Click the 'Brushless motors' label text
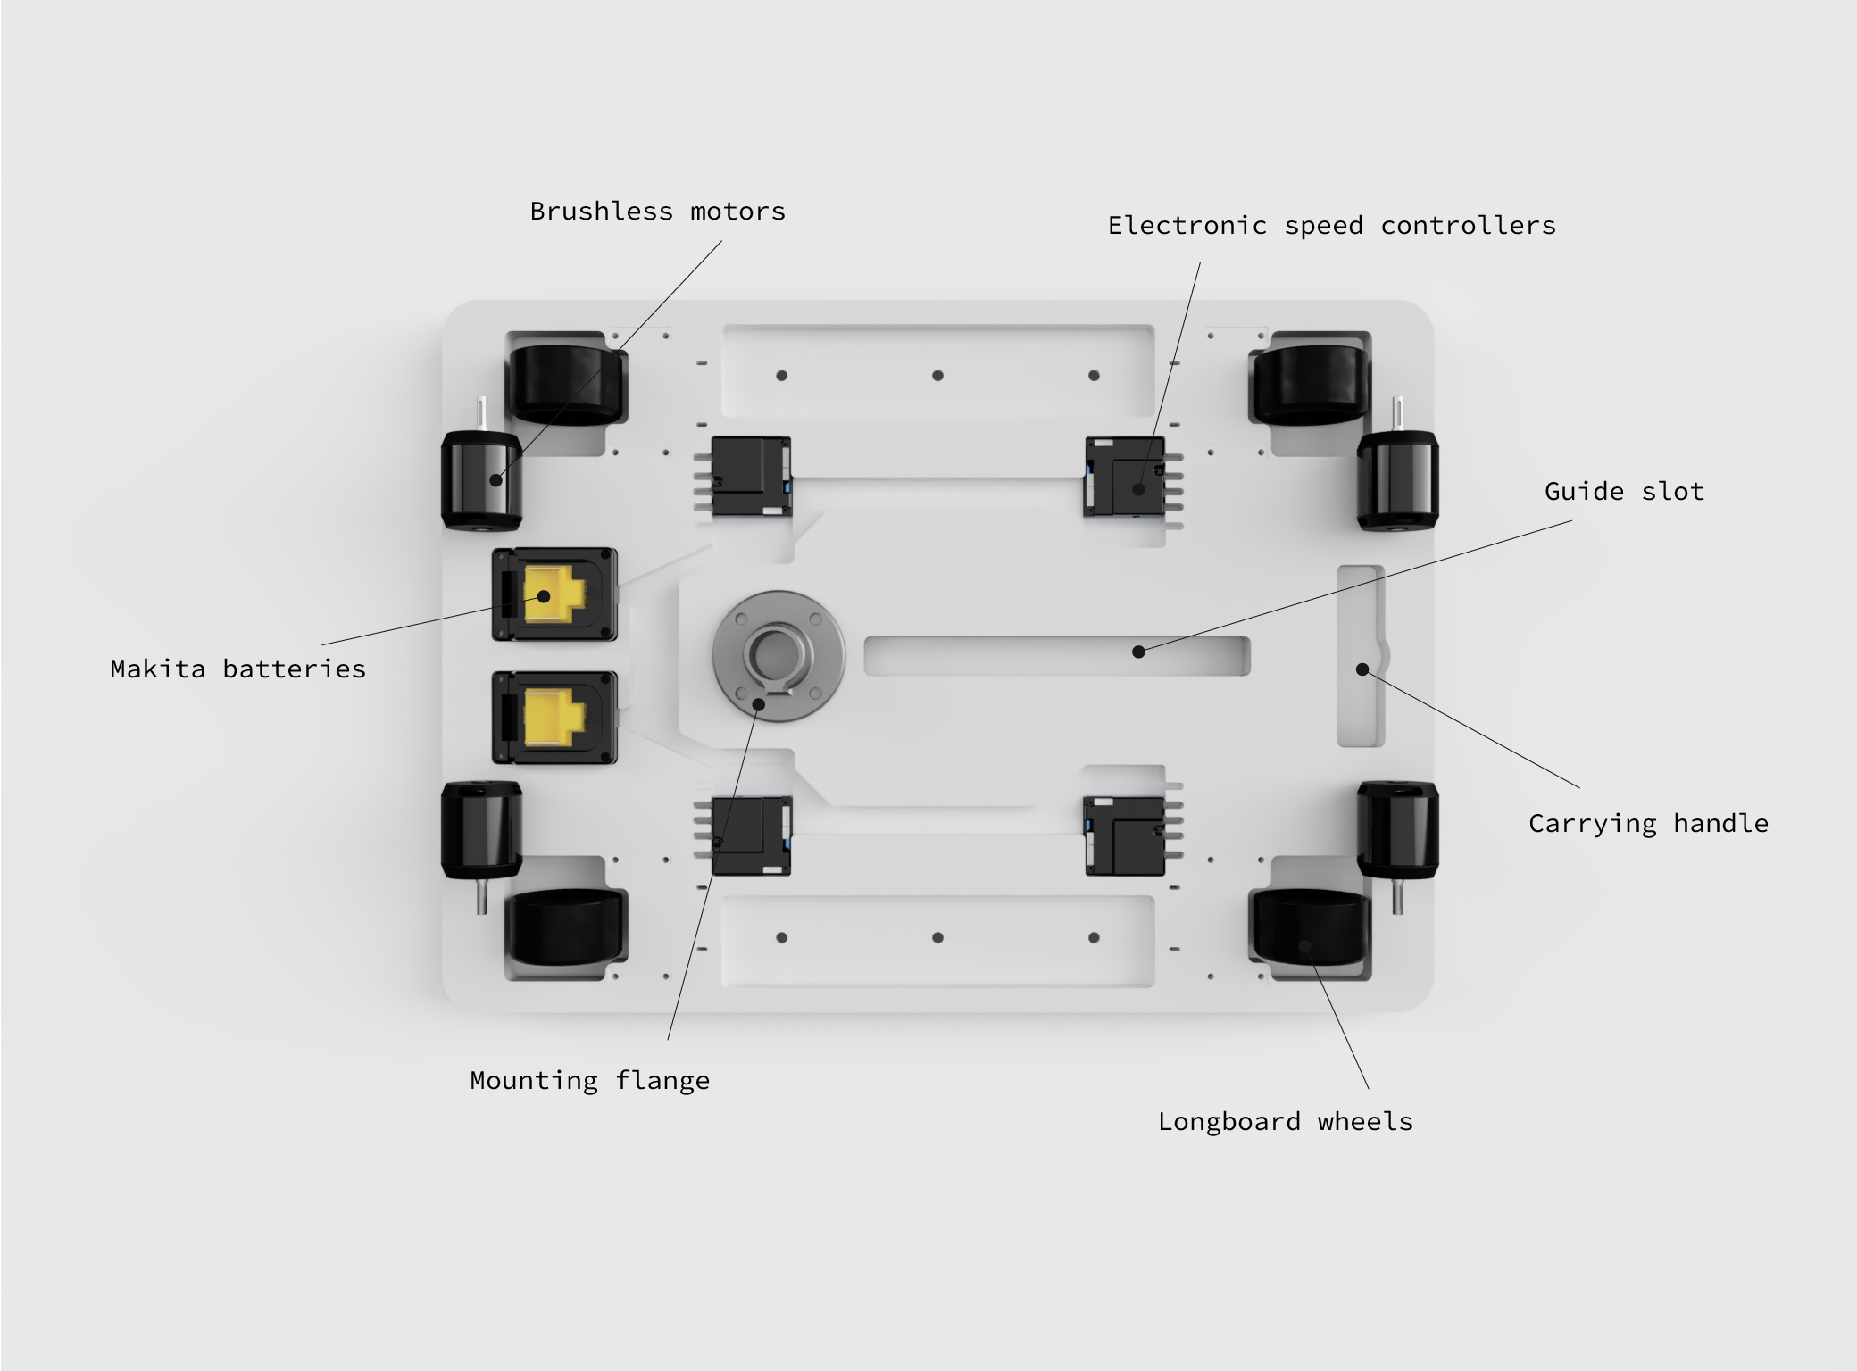pos(657,212)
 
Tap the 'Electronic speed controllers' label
pos(1331,226)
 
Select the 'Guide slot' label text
pos(1624,492)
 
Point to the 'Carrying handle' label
pos(1647,823)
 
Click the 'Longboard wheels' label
pos(1285,1122)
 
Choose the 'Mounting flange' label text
pos(589,1081)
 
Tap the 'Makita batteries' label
pos(237,669)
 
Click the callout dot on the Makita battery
pos(544,595)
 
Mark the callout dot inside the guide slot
pos(1138,652)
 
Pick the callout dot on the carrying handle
pos(1362,669)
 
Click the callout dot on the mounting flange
pos(758,703)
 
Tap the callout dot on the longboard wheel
pos(1304,946)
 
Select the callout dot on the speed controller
pos(1138,489)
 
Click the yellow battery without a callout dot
pos(554,718)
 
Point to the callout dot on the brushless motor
pos(496,480)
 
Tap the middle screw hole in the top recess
pos(937,376)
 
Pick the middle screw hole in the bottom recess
pos(937,938)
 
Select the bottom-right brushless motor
pos(1397,830)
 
